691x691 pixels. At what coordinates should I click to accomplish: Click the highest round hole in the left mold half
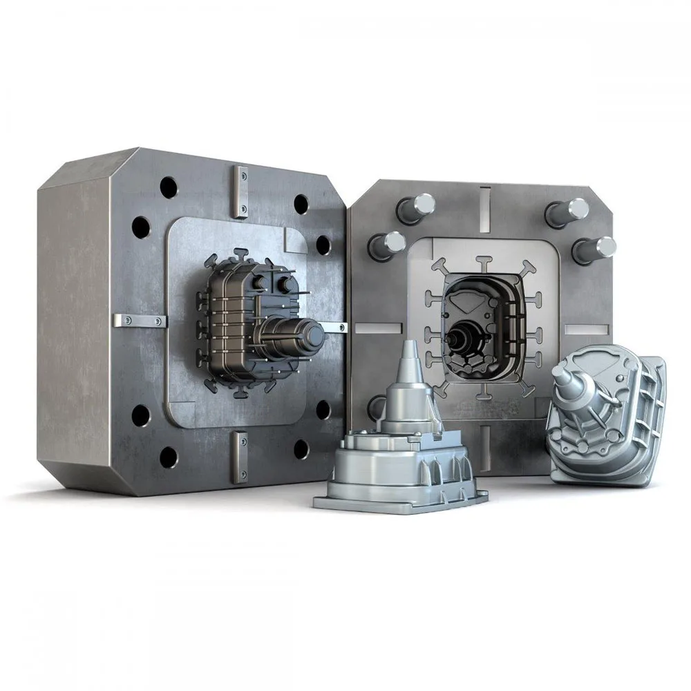point(169,186)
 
